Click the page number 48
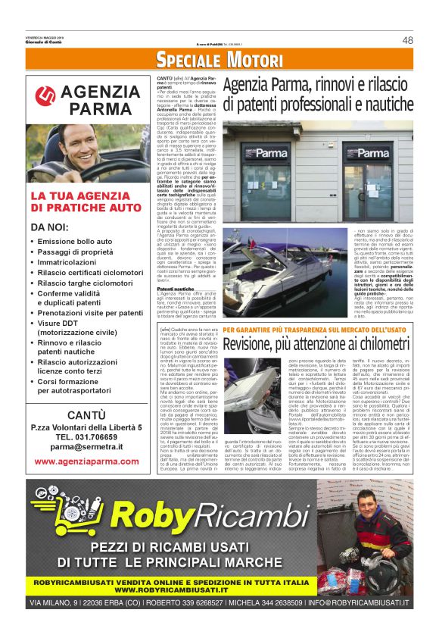[407, 40]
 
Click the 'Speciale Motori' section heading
[219, 61]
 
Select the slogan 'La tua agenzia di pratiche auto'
[86, 201]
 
